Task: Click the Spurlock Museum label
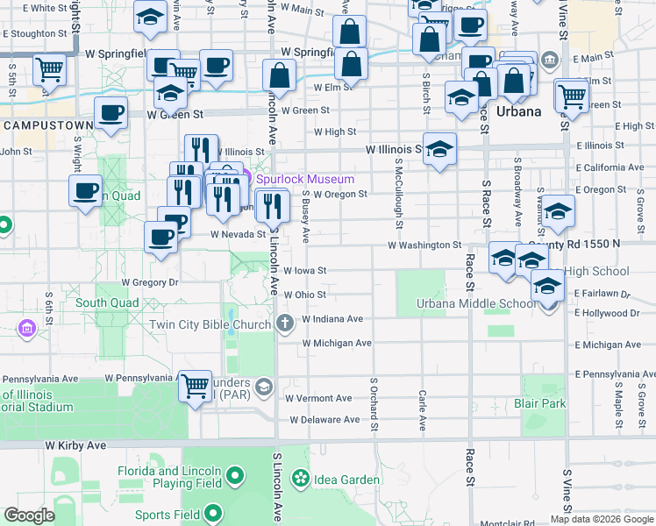point(305,180)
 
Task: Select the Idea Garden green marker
point(301,479)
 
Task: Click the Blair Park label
point(541,404)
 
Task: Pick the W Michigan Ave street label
point(337,343)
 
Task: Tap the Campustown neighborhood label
point(47,125)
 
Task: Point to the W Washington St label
point(420,245)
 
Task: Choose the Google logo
point(29,515)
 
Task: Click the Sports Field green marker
point(214,515)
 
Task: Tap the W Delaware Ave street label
point(325,420)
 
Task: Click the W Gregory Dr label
point(150,282)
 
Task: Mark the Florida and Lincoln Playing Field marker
point(235,476)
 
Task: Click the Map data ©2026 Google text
point(602,518)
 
